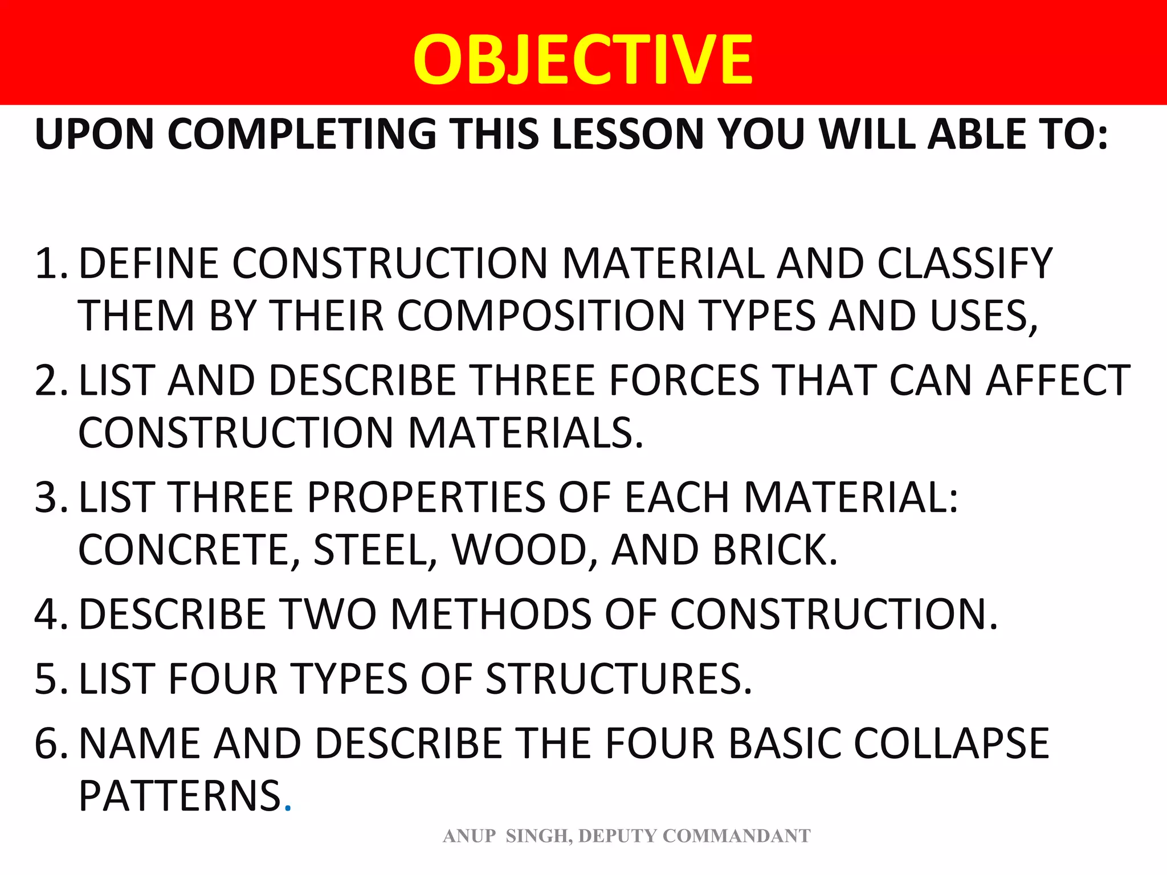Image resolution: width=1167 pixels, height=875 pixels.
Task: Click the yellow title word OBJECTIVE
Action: [x=583, y=60]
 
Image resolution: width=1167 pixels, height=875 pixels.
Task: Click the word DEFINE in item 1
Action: [x=148, y=264]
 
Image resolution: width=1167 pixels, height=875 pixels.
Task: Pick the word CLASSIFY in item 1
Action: [x=964, y=264]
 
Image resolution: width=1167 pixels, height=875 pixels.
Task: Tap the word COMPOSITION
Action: [x=541, y=316]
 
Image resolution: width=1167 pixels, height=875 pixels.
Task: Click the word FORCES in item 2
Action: [x=684, y=381]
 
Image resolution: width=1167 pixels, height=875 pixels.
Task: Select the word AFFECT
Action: [x=1058, y=381]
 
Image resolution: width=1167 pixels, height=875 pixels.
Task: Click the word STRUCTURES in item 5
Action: [x=619, y=679]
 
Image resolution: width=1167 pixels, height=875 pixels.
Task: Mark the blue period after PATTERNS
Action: [x=288, y=808]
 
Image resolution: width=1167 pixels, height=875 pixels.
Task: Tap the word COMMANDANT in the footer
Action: [x=737, y=836]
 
